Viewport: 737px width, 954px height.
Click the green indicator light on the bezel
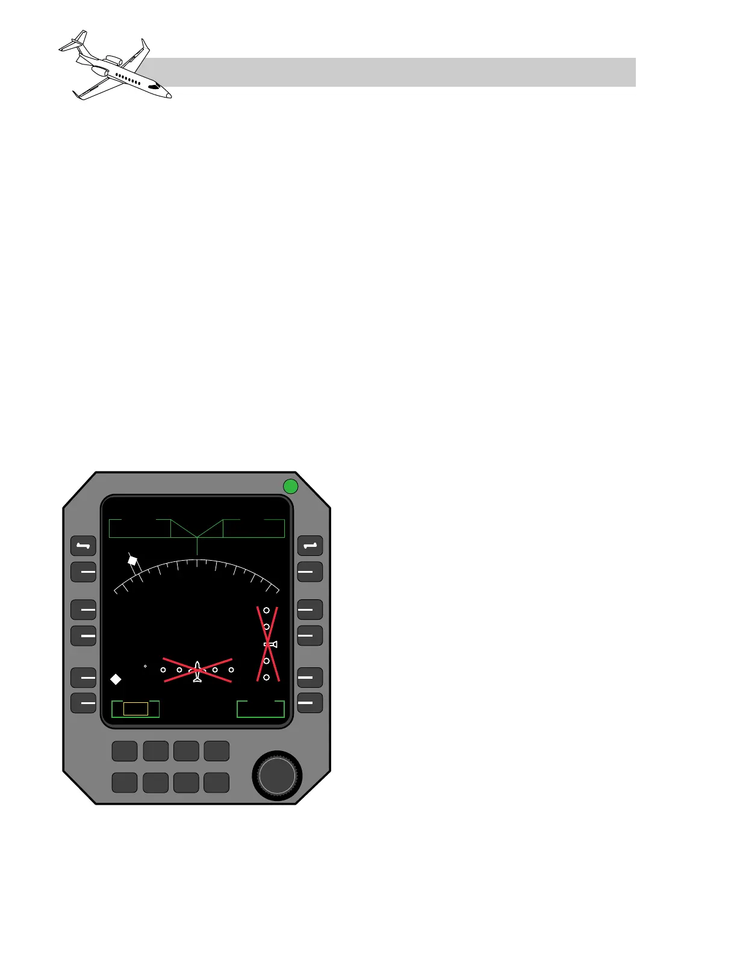pos(291,486)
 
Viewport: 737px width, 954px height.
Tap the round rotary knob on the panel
pos(277,776)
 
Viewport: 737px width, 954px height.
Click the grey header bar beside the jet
pos(391,72)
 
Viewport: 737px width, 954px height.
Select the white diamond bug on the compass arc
pos(132,560)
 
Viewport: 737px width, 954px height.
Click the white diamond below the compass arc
pos(116,679)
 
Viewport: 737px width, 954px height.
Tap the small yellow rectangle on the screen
pos(135,709)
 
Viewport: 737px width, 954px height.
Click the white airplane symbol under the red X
pos(197,672)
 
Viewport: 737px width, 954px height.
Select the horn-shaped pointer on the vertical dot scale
pos(271,644)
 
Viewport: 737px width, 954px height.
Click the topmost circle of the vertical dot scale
pos(266,610)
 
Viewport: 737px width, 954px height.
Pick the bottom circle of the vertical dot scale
pos(266,678)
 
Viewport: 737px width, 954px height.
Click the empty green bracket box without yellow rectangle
pos(261,709)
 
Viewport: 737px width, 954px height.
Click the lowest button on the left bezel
pos(84,703)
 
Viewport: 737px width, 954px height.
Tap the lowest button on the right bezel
pos(310,703)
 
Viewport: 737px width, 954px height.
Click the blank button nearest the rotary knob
pos(217,782)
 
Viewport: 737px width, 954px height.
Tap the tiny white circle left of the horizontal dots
pos(145,666)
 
